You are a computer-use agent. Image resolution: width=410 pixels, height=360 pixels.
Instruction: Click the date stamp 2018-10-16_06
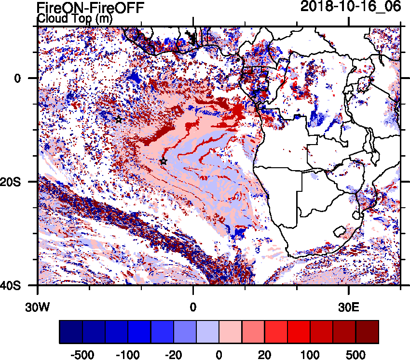[351, 6]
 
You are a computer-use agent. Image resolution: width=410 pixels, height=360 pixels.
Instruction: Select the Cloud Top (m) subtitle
[74, 19]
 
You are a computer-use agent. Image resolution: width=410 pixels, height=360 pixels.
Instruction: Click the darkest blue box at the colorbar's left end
[71, 332]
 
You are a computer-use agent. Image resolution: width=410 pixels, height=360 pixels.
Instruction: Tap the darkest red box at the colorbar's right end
[367, 332]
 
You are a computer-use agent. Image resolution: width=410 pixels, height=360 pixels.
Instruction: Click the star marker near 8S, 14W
[119, 120]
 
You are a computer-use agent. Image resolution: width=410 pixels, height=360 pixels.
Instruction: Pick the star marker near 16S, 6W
[164, 161]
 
